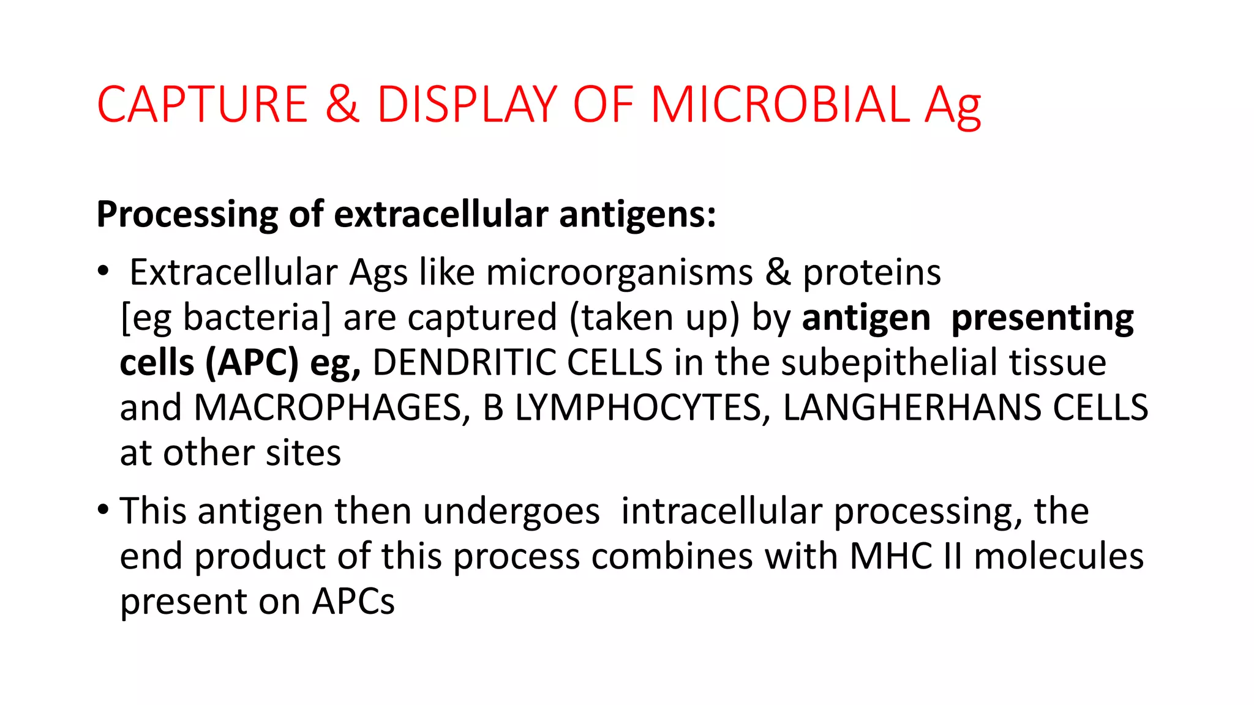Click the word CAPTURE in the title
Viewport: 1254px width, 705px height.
pos(202,105)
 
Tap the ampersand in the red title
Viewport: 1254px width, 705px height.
pos(342,105)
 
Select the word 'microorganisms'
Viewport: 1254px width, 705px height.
pos(619,273)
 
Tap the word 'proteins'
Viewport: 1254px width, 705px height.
pos(871,273)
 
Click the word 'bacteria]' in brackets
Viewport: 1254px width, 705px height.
pos(257,318)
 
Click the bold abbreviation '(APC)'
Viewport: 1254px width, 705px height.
pos(252,363)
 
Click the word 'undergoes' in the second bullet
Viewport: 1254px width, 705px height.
pos(511,512)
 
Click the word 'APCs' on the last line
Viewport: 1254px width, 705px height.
pos(353,602)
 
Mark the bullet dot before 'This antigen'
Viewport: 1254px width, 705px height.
pos(103,509)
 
